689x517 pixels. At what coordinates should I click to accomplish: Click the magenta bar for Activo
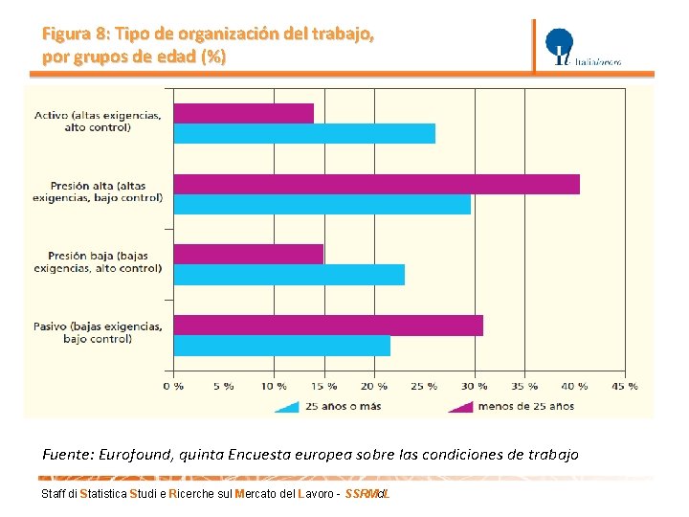click(244, 113)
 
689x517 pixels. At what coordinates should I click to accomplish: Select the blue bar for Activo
click(304, 134)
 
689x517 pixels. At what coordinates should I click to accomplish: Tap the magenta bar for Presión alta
click(377, 184)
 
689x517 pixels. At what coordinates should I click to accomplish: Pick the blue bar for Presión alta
click(322, 204)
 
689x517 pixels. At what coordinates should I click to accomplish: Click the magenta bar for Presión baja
click(249, 254)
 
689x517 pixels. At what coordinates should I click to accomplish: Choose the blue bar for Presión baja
click(289, 275)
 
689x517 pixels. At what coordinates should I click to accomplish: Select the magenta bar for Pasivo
click(328, 326)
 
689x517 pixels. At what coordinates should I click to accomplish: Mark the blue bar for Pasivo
click(282, 346)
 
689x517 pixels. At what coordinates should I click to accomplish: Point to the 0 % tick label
click(173, 386)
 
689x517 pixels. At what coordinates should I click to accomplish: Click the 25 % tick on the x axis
click(424, 386)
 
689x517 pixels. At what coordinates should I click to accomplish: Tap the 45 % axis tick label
click(625, 386)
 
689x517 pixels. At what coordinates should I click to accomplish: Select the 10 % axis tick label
click(274, 386)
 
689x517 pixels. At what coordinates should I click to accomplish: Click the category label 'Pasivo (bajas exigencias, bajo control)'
click(98, 332)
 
